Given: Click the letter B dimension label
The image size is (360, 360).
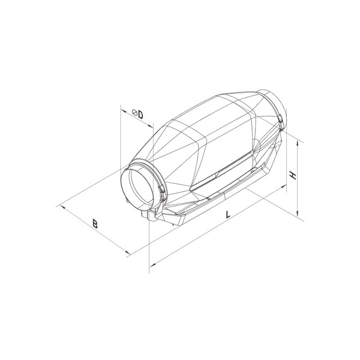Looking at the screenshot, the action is tap(95, 224).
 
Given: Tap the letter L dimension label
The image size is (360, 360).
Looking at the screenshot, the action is tap(228, 215).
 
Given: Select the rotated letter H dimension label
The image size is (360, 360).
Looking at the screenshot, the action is tap(293, 175).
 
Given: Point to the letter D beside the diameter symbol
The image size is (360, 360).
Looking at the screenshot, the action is tap(140, 115).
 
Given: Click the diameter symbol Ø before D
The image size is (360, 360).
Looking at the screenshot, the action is tap(135, 112).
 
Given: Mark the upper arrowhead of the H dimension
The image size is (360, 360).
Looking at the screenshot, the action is tap(298, 143).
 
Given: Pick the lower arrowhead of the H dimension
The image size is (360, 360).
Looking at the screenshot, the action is tap(298, 214).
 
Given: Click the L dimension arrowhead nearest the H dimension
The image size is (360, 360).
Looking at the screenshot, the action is tap(285, 186).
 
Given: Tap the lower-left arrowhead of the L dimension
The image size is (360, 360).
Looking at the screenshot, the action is tap(152, 264).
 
